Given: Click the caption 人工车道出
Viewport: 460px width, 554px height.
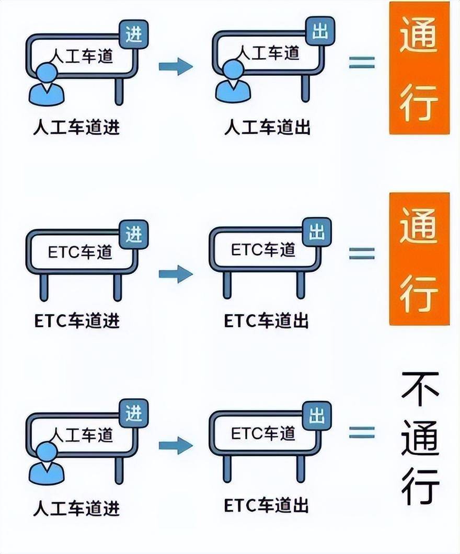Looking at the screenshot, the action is pos(268,127).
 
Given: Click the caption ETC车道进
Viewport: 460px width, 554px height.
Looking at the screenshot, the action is pos(77,321).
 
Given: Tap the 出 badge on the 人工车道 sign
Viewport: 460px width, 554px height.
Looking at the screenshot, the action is pos(320,31).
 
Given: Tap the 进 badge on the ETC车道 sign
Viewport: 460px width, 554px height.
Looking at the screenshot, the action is pos(133,234).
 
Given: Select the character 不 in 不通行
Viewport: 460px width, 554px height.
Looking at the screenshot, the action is pos(420,389).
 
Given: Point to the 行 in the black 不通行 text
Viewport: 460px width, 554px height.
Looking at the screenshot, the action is pos(420,487).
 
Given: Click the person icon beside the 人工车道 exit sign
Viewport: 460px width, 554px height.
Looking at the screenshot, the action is pos(233,81).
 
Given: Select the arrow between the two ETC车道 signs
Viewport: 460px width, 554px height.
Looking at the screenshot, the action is pos(176,274).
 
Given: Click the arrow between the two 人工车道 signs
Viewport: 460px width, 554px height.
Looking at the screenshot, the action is pos(176,66).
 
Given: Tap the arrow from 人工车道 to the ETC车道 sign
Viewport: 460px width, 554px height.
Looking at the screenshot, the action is pos(176,445).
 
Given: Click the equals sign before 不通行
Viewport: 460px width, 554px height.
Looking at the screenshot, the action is pos(362,432).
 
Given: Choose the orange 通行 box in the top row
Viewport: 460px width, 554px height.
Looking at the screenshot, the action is pos(419,68).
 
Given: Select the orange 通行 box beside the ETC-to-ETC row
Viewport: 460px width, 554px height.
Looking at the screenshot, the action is pos(419,259).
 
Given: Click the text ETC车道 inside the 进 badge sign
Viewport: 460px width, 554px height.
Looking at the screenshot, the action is pos(80,252).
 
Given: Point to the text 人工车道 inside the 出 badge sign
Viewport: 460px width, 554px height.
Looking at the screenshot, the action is pos(268,53).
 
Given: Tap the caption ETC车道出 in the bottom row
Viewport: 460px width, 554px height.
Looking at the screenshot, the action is pos(267,505).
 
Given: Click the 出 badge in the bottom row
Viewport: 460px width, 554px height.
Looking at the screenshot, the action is pos(317,415).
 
